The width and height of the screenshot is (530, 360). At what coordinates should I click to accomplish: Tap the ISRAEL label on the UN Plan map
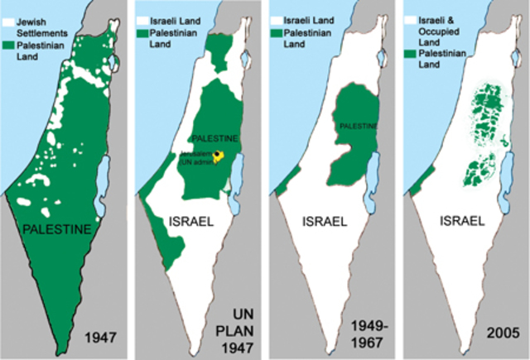[192, 221]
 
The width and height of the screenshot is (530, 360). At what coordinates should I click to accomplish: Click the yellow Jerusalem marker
[219, 155]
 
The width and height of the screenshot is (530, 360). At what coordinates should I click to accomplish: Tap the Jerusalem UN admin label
[196, 159]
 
